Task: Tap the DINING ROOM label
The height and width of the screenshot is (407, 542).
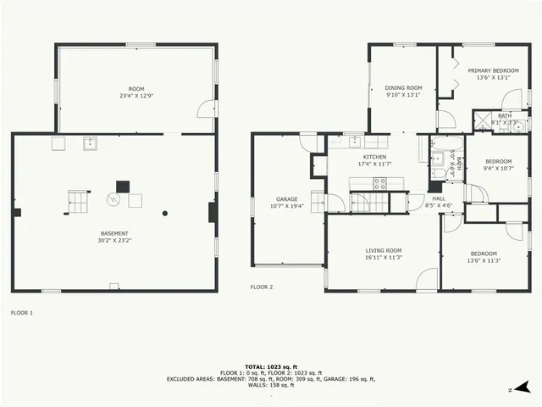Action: point(403,87)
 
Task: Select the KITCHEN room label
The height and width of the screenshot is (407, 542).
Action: point(374,157)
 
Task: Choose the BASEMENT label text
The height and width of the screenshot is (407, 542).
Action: point(114,233)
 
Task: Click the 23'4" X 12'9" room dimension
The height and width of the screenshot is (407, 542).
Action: point(136,95)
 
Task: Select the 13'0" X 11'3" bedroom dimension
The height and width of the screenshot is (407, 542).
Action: point(485,260)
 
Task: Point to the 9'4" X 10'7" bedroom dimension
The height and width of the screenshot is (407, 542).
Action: point(498,168)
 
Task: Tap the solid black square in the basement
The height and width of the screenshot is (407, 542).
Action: point(123,185)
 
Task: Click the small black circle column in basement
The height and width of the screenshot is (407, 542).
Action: point(166,214)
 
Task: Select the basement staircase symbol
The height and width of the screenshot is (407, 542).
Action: point(78,203)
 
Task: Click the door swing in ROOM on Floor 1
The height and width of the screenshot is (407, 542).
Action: point(204,109)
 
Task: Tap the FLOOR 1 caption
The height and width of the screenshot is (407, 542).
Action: point(21,313)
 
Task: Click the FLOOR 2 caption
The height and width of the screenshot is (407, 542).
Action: point(261,287)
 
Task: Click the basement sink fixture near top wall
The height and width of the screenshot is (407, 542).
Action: point(89,143)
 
